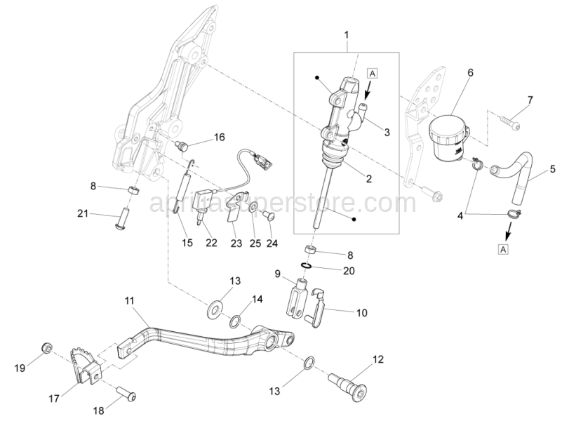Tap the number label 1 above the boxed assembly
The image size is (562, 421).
(347, 34)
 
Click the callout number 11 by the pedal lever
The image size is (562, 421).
(129, 302)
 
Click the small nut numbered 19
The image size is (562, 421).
(46, 348)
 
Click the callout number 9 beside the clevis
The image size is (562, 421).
(277, 273)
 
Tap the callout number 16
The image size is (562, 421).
(200, 137)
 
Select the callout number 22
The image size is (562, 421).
(211, 243)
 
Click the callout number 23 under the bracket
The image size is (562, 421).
(236, 243)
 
